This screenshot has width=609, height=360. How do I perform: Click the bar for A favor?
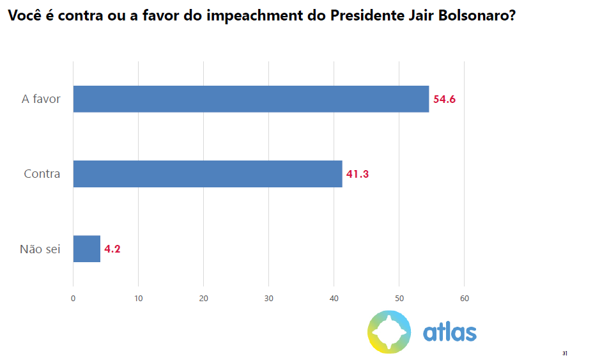coord(251,98)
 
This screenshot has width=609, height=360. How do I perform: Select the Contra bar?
coord(208,174)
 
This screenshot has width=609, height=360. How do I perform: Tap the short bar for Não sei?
coord(87,249)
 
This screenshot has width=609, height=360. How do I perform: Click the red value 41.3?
coord(357,174)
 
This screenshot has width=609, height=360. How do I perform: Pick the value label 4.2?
coord(112,249)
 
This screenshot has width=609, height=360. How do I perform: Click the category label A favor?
coord(41,99)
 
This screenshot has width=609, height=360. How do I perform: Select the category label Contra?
coord(42,174)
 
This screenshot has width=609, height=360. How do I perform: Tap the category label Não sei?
coord(40,249)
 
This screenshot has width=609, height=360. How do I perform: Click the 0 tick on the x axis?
coord(73,299)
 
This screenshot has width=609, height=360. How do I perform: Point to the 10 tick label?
coord(138,299)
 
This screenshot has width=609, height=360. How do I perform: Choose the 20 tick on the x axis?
coord(203,299)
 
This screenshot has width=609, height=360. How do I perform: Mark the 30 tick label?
coord(268,299)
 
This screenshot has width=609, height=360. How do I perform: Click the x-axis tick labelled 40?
coord(334,299)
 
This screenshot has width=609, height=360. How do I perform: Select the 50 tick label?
coord(399,299)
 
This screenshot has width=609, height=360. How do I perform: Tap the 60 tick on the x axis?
coord(465,299)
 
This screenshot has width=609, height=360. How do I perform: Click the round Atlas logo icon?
coord(389,332)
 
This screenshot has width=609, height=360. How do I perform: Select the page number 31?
coord(565,353)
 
